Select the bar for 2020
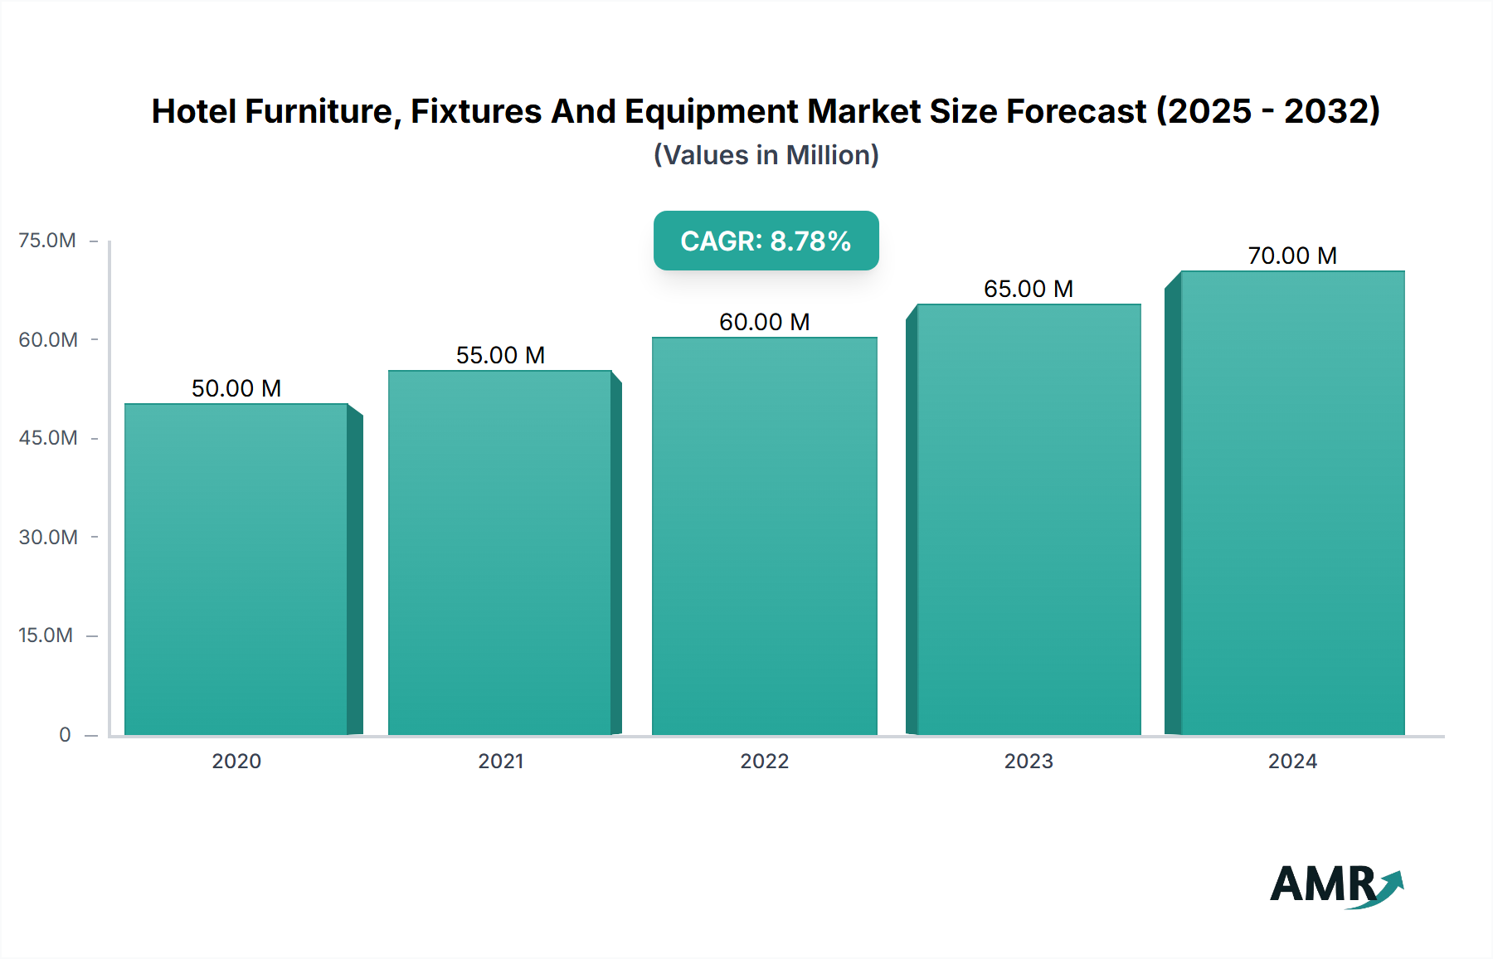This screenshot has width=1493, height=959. pos(236,569)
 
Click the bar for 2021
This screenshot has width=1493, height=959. pos(500,553)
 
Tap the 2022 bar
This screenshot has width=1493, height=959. pos(764,536)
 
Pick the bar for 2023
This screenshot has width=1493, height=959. pos(1029,519)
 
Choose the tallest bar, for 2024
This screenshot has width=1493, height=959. pos(1292,503)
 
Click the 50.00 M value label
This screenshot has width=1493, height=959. pos(236,388)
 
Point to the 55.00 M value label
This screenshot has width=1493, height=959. pos(500,355)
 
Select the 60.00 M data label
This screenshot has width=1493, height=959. pos(764,322)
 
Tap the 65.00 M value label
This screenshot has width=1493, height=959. pos(1029,289)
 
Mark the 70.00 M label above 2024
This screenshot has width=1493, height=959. pos(1292,256)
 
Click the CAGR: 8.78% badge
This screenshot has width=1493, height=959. pos(766,241)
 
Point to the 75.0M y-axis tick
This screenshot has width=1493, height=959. pos(47,241)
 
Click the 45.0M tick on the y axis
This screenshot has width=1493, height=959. pos(48,438)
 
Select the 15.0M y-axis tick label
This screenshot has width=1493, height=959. pos(46,635)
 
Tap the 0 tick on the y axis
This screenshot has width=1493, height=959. pos(65,735)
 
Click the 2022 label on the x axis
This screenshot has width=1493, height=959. pos(764,762)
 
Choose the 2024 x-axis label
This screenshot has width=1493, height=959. pos(1292,762)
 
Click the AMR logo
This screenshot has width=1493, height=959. pos(1335,885)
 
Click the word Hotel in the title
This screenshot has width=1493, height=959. pos(193,111)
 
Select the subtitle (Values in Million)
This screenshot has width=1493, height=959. pos(766,155)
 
